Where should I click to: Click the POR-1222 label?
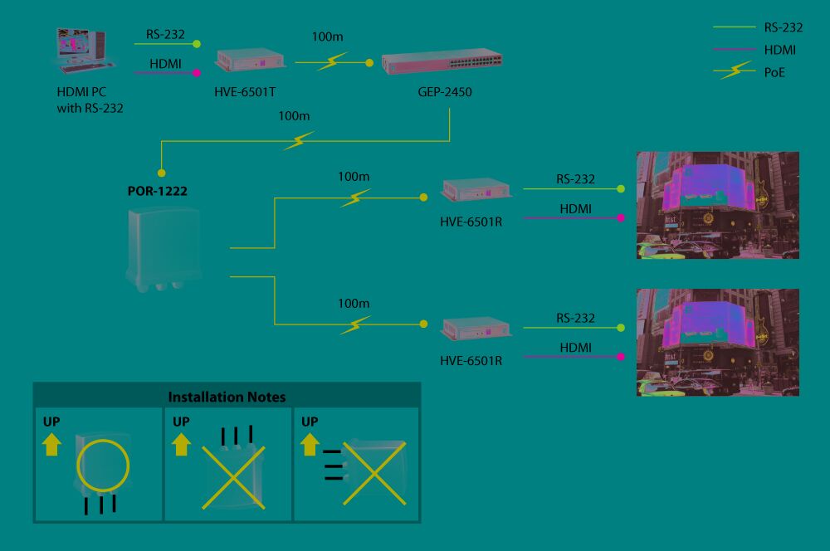point(157,191)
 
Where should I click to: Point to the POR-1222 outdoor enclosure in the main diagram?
point(160,249)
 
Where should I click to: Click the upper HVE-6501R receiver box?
point(476,192)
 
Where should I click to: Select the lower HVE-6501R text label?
point(471,361)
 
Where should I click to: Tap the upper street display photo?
point(717,205)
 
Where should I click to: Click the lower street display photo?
point(717,342)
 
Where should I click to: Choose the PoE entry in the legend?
point(774,72)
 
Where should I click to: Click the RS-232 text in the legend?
point(783,27)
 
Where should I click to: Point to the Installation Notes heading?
point(227,397)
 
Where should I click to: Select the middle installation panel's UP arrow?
point(181,446)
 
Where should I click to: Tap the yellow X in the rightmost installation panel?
point(373,473)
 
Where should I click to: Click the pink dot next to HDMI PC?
point(197,73)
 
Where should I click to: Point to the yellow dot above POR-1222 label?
point(162,173)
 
